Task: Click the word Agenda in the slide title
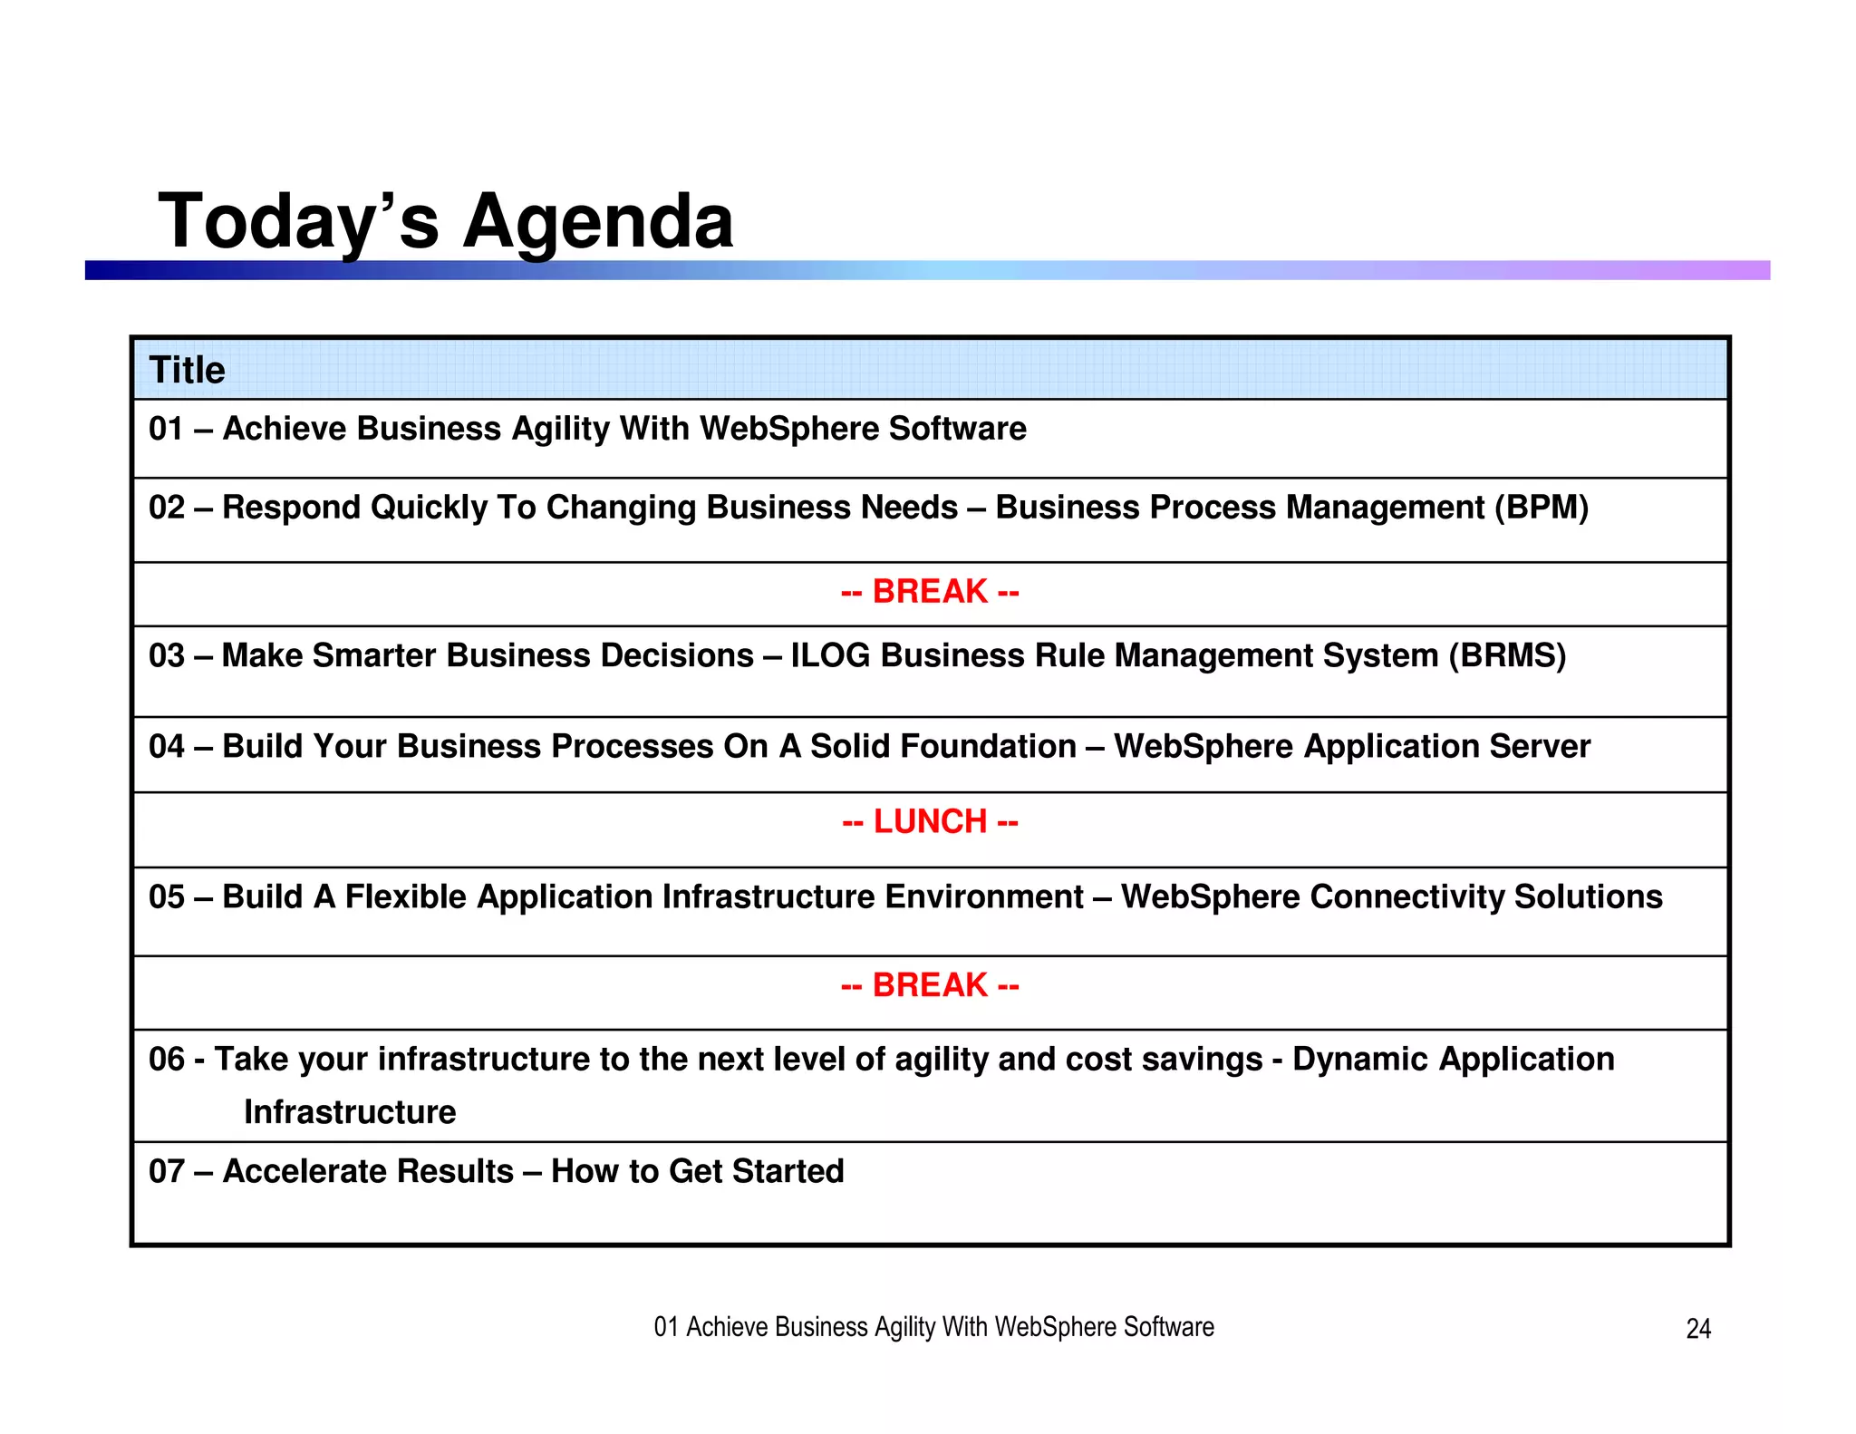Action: [x=598, y=222]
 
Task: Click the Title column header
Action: [x=187, y=370]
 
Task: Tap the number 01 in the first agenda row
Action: [x=166, y=429]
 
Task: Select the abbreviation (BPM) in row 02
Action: [x=1542, y=508]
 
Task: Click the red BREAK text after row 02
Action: [x=930, y=592]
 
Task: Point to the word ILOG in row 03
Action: [x=830, y=655]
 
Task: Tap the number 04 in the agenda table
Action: [x=166, y=747]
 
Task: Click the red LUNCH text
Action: [x=930, y=822]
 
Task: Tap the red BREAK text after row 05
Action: [x=930, y=985]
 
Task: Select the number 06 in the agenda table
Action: [x=166, y=1060]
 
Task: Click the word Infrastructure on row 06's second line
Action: [x=350, y=1112]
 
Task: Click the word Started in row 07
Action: [x=788, y=1172]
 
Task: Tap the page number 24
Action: [x=1697, y=1329]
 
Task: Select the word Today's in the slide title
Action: [x=298, y=222]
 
